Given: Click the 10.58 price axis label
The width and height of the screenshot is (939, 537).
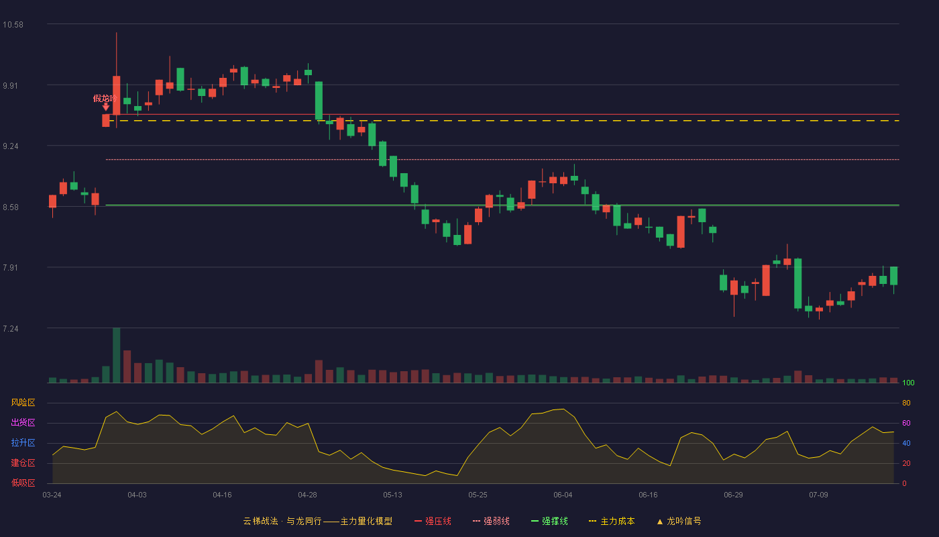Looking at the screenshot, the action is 13,25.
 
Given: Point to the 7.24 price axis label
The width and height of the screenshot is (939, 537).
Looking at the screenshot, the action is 11,329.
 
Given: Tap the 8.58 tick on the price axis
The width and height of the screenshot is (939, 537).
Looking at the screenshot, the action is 11,207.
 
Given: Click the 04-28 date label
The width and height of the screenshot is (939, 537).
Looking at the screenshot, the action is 307,495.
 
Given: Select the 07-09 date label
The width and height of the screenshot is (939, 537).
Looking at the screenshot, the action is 818,495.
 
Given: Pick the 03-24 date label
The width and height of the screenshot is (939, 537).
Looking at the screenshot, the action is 52,495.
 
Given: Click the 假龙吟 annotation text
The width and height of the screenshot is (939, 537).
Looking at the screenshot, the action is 105,98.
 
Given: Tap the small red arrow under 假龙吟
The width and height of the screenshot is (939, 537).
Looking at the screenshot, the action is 106,107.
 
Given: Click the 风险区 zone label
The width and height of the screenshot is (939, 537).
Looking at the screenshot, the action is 23,403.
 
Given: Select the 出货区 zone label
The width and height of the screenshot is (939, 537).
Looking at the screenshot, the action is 23,422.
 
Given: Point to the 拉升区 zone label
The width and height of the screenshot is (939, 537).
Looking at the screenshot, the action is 23,442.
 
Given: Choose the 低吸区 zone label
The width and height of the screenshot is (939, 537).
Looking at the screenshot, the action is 23,483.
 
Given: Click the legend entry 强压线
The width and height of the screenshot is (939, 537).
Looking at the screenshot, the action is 433,521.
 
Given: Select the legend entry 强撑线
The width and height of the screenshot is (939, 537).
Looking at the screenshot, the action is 549,521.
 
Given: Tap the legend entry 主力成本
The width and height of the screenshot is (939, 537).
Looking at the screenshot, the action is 612,521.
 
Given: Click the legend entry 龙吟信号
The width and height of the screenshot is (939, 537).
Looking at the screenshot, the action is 679,521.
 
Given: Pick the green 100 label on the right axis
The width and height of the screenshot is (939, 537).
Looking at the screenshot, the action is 908,383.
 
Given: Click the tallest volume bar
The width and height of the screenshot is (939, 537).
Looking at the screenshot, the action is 117,355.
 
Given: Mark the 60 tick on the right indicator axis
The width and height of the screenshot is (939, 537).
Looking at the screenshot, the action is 906,423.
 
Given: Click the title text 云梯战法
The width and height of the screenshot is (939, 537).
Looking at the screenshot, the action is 261,521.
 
